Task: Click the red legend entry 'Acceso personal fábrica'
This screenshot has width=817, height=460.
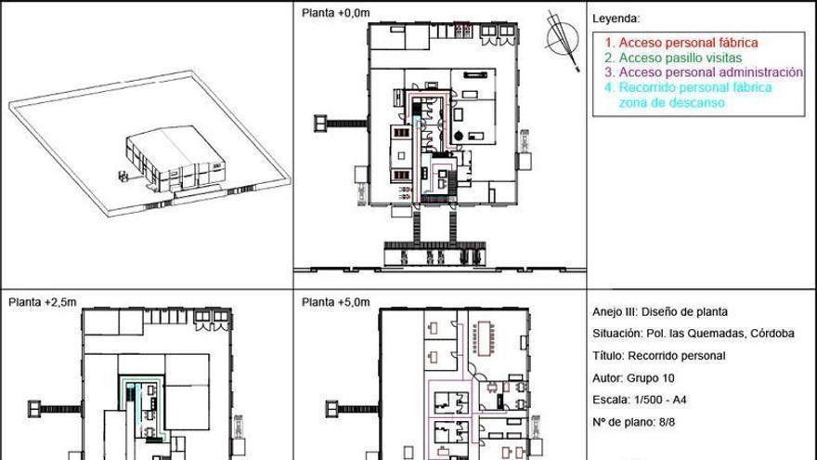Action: click(x=681, y=43)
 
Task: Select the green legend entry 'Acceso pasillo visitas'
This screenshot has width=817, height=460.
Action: click(x=673, y=58)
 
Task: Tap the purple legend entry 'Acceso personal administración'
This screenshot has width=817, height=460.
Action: click(x=704, y=72)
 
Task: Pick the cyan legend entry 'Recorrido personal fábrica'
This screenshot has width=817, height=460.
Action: click(x=688, y=87)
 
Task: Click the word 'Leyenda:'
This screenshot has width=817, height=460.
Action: click(x=616, y=19)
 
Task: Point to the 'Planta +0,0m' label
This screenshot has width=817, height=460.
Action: click(x=335, y=13)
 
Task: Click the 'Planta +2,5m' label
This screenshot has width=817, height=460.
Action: click(x=43, y=302)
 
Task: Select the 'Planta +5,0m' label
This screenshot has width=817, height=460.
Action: click(x=335, y=302)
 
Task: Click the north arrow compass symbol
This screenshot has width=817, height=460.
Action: click(x=563, y=39)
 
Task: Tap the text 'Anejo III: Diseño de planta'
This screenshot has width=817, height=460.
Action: click(x=660, y=312)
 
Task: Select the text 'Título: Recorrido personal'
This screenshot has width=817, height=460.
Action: click(x=658, y=356)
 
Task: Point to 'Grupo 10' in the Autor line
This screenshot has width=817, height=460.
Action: click(x=650, y=378)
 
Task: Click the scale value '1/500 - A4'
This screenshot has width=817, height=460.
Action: click(x=660, y=400)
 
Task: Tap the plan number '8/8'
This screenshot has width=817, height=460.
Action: click(x=667, y=422)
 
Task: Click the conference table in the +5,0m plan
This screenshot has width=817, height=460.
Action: click(x=484, y=338)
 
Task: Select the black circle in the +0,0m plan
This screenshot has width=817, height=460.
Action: click(x=458, y=136)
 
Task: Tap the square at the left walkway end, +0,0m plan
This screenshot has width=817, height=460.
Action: click(x=320, y=124)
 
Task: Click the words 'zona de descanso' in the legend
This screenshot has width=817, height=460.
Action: click(x=671, y=103)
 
